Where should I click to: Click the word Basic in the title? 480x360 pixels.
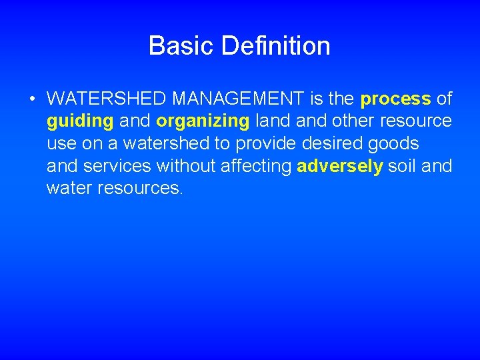point(181,46)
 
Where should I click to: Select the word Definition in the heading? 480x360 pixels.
point(276,46)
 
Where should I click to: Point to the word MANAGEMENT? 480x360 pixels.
point(239,99)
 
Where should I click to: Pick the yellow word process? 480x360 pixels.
point(395,99)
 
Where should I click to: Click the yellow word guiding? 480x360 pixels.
point(79,122)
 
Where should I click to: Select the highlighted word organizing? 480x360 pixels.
point(203,122)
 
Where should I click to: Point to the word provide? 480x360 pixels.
point(267,144)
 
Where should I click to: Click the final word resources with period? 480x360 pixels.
point(139,189)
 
